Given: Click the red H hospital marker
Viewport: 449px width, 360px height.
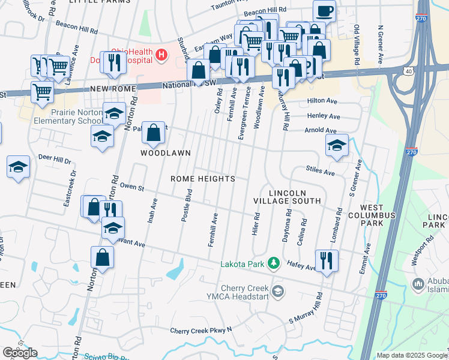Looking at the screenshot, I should click(161, 55).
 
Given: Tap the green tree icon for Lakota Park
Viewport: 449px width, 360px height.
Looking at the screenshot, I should click(274, 263).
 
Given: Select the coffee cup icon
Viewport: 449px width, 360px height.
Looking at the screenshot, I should click(325, 11).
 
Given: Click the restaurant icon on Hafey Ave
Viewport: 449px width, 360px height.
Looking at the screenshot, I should click(327, 260).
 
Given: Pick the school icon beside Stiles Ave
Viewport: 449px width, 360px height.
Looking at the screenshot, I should click(337, 145).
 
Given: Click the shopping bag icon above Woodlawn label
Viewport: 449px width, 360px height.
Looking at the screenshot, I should click(154, 133).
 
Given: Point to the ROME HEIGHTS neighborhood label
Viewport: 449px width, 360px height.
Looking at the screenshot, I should click(202, 179).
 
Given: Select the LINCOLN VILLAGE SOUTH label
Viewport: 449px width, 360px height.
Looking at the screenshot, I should click(287, 196).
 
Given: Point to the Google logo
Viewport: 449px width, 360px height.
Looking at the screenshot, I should click(20, 353).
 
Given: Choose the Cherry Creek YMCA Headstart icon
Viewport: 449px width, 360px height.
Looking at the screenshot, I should click(277, 292).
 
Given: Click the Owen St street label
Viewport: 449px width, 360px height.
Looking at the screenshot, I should click(133, 188).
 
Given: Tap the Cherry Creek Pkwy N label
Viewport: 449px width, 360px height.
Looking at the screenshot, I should click(200, 330).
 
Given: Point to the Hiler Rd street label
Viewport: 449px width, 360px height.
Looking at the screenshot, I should click(256, 223).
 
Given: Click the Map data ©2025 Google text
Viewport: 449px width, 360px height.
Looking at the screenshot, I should click(412, 355).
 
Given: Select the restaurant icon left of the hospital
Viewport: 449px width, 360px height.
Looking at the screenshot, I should click(113, 62).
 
